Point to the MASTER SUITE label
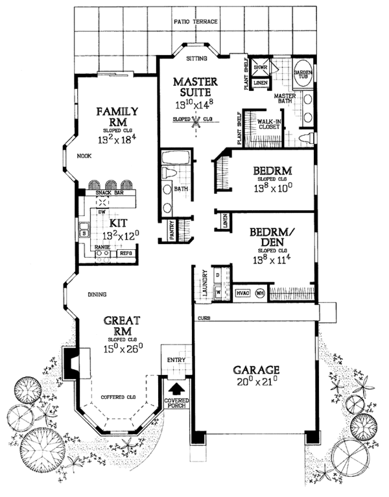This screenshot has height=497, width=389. tap(195, 88)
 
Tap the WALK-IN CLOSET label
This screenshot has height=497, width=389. tap(269, 125)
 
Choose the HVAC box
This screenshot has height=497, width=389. tap(242, 293)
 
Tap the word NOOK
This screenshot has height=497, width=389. tap(82, 156)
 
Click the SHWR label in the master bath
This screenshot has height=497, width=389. tap(261, 67)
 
